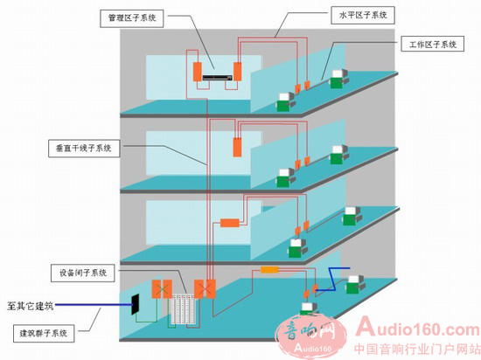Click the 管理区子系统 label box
click(131, 18)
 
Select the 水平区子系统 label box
click(363, 16)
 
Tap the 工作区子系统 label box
click(433, 44)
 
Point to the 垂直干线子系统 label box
click(84, 149)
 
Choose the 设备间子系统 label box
click(83, 273)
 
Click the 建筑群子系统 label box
click(44, 333)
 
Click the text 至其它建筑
click(30, 306)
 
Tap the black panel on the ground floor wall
click(136, 304)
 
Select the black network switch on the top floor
click(217, 78)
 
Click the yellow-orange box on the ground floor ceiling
click(269, 270)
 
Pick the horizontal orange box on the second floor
click(230, 223)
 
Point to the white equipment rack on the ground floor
click(183, 310)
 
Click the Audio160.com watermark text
click(418, 328)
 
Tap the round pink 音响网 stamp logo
click(310, 337)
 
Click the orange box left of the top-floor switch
click(198, 72)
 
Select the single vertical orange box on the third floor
click(237, 148)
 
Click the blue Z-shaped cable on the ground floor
click(333, 279)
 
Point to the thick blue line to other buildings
click(94, 305)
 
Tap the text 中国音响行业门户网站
click(417, 349)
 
